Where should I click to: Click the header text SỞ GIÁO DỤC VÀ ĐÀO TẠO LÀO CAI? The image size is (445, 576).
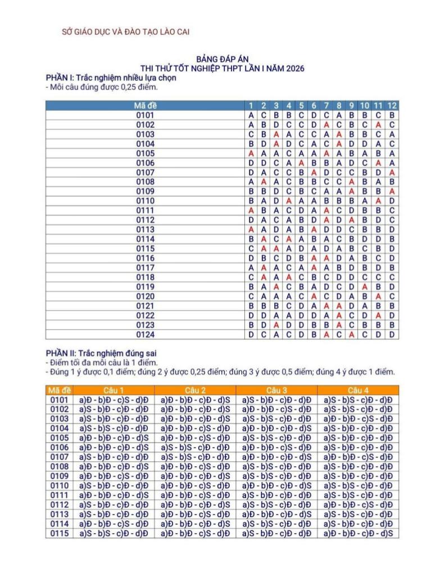pyautogui.click(x=125, y=31)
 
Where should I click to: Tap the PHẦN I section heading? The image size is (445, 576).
pyautogui.click(x=111, y=78)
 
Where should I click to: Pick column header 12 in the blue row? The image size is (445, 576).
pyautogui.click(x=392, y=106)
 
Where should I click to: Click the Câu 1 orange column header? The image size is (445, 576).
pyautogui.click(x=114, y=390)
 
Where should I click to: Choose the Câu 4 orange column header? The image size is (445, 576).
pyautogui.click(x=358, y=390)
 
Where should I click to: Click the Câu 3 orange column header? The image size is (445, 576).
pyautogui.click(x=276, y=390)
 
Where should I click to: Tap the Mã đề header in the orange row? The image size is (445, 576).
pyautogui.click(x=59, y=390)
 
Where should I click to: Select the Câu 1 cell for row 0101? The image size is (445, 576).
pyautogui.click(x=114, y=399)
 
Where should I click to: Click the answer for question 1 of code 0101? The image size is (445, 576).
pyautogui.click(x=251, y=115)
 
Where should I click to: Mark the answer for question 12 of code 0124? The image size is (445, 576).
pyautogui.click(x=392, y=335)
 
